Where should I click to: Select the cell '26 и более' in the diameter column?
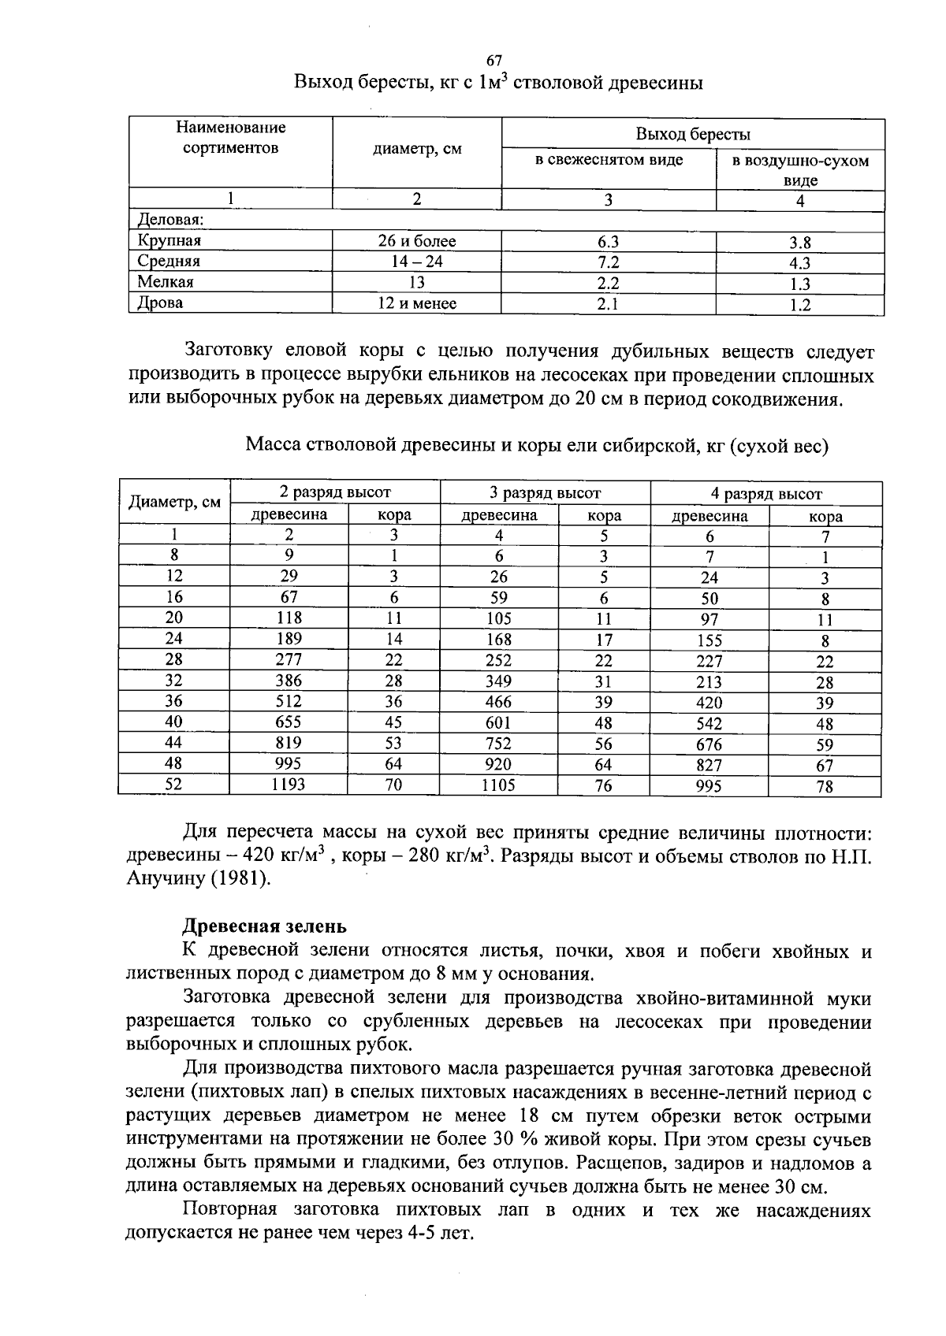point(417,241)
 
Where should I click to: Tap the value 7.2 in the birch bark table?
point(609,262)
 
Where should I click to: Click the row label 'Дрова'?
point(160,302)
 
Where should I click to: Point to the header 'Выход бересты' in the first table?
point(693,134)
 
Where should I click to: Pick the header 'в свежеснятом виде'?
point(609,160)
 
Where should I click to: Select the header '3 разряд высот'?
point(545,493)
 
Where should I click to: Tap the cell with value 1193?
point(289,784)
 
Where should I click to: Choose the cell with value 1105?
point(498,785)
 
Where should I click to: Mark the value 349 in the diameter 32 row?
point(498,681)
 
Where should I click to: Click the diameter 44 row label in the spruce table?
point(173,742)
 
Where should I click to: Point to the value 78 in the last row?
point(825,785)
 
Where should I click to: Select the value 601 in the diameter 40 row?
point(498,722)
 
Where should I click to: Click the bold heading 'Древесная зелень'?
point(264,926)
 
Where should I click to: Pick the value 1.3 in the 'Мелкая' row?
point(800,284)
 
